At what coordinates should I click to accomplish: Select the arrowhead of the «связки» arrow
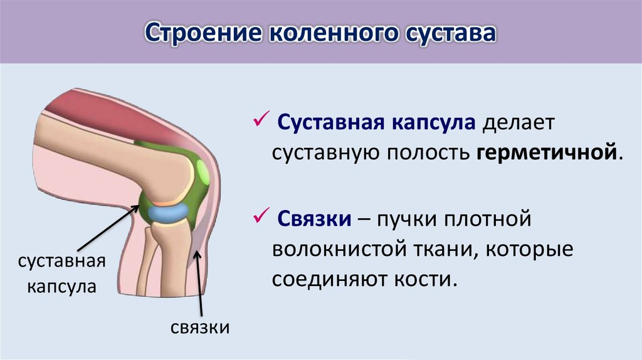[197, 253]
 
